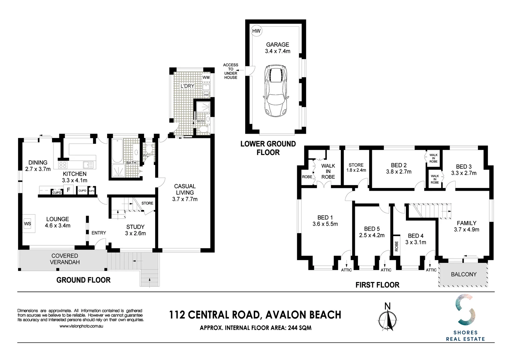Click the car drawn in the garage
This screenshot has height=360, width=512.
(x=276, y=90)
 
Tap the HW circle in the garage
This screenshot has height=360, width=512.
(x=256, y=31)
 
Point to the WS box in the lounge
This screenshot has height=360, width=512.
(x=27, y=224)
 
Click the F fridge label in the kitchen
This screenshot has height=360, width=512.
(x=68, y=190)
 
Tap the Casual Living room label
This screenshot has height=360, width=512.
(x=185, y=189)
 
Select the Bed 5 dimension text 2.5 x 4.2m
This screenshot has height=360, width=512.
(x=372, y=235)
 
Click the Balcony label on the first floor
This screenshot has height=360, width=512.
(x=464, y=274)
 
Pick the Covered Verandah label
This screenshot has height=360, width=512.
(x=65, y=259)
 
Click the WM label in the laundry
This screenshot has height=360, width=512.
(x=206, y=78)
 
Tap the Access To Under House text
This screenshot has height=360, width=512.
(x=230, y=71)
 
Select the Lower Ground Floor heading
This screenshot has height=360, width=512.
(x=268, y=148)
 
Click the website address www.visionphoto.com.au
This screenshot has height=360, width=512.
(x=81, y=326)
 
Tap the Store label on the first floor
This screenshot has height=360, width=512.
(x=356, y=165)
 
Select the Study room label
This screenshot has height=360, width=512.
(x=135, y=227)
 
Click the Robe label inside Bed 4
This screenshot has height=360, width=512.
(x=397, y=246)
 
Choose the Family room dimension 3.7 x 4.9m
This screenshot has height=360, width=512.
(x=466, y=230)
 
